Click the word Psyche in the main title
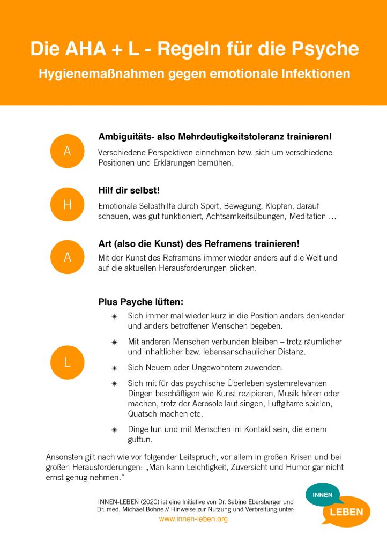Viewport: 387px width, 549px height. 324,49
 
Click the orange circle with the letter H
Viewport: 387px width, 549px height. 68,204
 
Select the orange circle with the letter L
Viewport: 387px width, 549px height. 68,362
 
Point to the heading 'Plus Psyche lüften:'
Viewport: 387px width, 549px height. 141,302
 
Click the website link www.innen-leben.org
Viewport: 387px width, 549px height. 193,519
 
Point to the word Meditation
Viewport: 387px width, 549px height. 305,216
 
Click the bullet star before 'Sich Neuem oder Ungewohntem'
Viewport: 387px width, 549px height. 114,368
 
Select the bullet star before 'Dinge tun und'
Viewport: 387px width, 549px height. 114,430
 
